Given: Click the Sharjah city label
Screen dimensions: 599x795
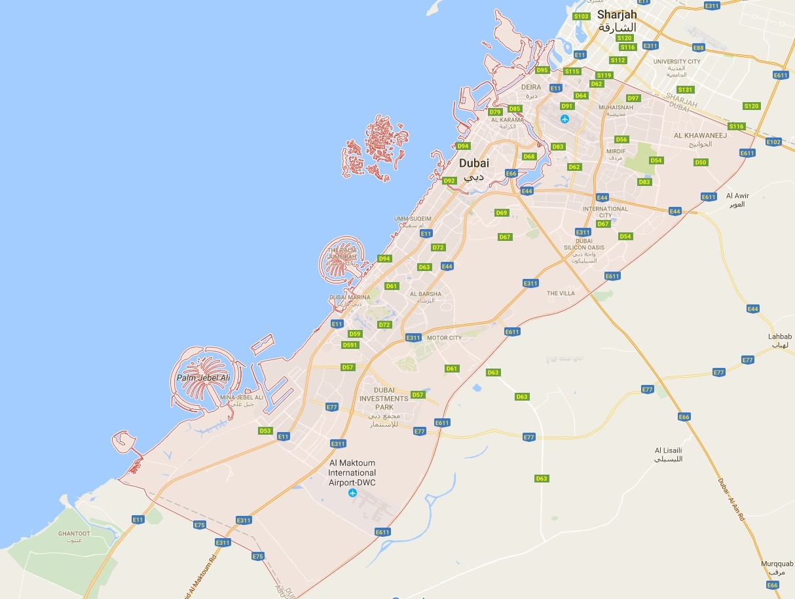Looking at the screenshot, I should [616, 15].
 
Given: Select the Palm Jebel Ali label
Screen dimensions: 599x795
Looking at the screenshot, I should [204, 378].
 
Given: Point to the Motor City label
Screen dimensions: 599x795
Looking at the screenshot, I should [444, 338].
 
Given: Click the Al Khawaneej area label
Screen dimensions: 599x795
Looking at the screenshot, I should [697, 135].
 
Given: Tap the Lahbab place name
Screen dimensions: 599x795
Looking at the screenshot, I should [780, 337].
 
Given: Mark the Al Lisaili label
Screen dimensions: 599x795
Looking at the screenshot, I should [669, 450].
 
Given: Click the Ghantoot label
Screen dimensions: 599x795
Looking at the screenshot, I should [74, 534].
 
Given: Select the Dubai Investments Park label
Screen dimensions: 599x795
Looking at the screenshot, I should [384, 399].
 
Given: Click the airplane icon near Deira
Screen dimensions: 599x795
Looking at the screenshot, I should [565, 119].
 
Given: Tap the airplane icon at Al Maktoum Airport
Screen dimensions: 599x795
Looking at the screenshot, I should [353, 492].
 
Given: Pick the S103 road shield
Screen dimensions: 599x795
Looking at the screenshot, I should [581, 16].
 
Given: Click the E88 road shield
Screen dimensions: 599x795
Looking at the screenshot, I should [699, 48].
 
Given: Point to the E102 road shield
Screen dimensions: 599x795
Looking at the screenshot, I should [773, 142].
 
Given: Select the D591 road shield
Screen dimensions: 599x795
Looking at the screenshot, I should [350, 345].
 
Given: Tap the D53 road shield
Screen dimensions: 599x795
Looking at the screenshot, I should [265, 431].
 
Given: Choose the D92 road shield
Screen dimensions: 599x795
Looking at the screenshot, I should [449, 181].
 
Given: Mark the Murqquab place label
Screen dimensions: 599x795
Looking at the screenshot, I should [777, 564].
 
